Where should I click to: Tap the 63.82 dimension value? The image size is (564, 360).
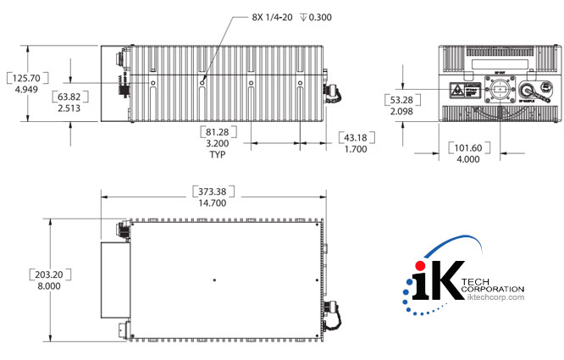pyautogui.click(x=70, y=97)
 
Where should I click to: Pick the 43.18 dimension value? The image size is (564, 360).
pyautogui.click(x=357, y=137)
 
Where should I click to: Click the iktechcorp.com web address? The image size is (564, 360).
pyautogui.click(x=495, y=297)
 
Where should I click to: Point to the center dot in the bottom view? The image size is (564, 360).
pyautogui.click(x=216, y=280)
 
